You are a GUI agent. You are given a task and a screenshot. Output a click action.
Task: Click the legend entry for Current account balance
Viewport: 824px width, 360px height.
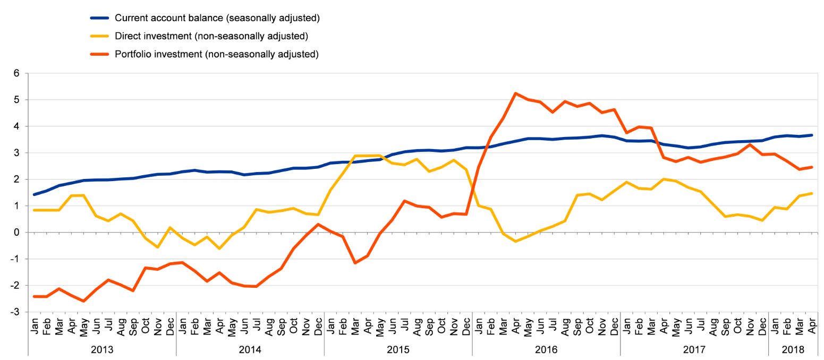click(217, 19)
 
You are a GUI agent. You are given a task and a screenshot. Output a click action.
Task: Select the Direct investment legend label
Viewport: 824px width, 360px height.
click(211, 36)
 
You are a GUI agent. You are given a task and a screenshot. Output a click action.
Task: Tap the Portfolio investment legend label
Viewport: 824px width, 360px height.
click(216, 54)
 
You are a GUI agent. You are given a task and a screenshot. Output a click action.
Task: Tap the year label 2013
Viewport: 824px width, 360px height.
click(102, 350)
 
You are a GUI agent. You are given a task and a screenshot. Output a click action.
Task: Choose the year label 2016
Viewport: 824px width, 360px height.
click(546, 350)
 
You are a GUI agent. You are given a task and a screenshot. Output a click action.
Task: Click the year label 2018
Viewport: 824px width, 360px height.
click(794, 350)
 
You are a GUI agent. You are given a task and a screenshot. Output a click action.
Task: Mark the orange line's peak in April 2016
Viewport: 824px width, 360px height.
click(515, 93)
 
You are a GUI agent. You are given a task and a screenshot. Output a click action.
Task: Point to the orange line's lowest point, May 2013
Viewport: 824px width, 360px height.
click(83, 301)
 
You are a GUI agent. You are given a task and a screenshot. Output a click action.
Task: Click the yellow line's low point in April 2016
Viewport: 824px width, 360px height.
click(515, 242)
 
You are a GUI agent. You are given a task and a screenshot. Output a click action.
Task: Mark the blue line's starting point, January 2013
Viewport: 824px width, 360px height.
click(35, 194)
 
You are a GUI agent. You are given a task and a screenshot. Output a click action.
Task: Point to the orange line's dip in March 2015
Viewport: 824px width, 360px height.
click(355, 263)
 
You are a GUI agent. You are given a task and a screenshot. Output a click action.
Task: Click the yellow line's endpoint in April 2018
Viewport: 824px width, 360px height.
click(812, 193)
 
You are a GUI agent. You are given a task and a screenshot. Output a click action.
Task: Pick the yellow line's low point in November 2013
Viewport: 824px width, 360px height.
click(158, 247)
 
